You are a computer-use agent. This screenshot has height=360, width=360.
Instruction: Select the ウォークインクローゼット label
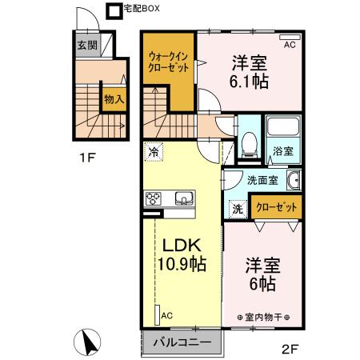tap(169, 62)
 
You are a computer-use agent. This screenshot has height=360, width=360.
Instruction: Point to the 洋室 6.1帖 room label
tap(250, 70)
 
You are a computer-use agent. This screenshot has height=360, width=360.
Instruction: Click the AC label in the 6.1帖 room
tap(290, 45)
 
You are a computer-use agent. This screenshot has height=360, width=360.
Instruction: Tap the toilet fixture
tap(249, 144)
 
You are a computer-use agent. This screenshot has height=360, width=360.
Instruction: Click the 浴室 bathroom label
tap(282, 150)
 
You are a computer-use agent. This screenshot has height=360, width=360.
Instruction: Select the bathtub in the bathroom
tap(282, 128)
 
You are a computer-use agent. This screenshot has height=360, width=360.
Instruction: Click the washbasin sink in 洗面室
tap(293, 180)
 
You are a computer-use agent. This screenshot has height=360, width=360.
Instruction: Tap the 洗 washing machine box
tap(238, 208)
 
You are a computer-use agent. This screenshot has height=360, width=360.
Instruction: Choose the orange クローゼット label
tap(276, 207)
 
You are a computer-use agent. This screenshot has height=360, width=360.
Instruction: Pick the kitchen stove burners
tap(154, 198)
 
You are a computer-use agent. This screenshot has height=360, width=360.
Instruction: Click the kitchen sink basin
tap(181, 198)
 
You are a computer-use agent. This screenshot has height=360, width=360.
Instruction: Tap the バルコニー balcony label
tap(182, 342)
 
